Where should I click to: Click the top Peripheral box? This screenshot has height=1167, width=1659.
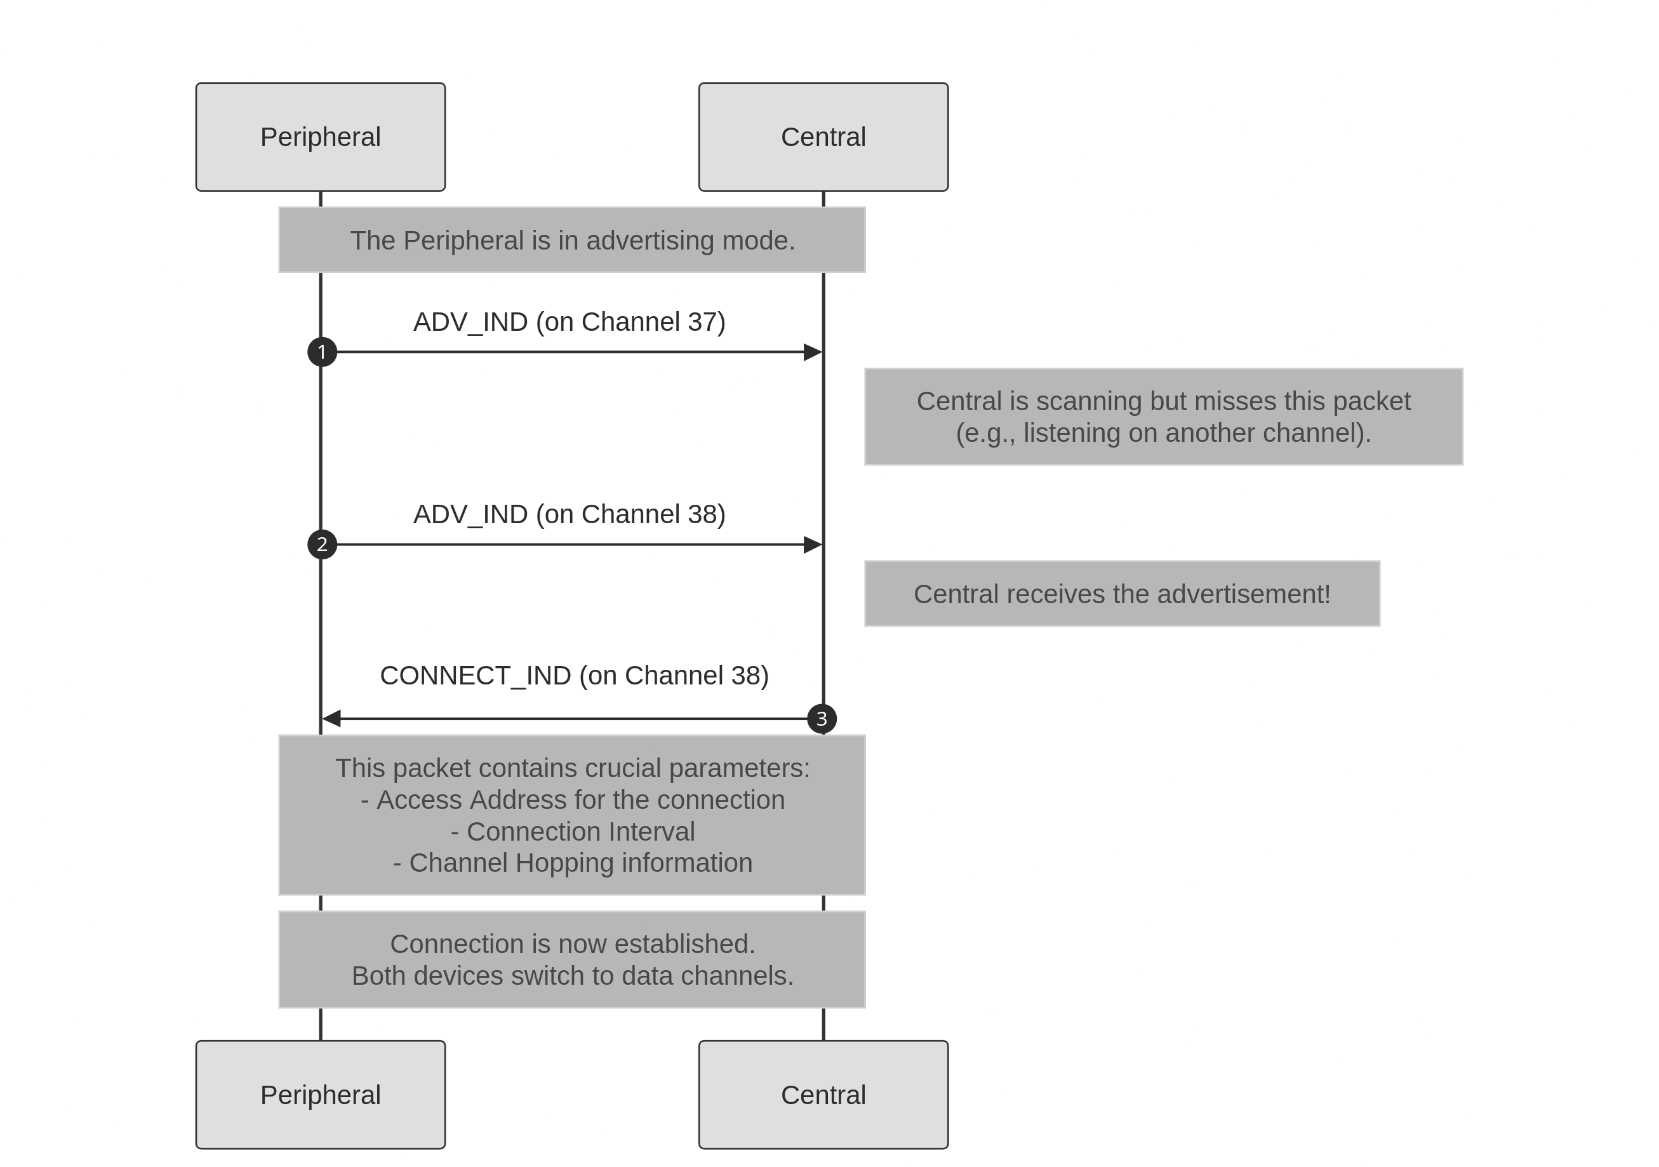tap(320, 137)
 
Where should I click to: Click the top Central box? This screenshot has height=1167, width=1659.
tap(823, 137)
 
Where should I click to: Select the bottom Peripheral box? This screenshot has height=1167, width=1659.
tap(320, 1094)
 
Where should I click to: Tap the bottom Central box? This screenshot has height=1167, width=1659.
tap(823, 1094)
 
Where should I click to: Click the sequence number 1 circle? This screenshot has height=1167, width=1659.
tap(323, 352)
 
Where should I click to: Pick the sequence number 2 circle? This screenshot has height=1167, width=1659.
tap(323, 544)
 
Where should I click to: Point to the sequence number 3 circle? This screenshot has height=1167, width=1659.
tap(822, 719)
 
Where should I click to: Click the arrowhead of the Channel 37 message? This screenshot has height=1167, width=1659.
tap(813, 352)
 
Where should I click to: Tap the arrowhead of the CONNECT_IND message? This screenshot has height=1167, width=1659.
tap(331, 719)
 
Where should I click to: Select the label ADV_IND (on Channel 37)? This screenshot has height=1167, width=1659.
tap(570, 321)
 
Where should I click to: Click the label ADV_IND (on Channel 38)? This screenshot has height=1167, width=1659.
tap(570, 514)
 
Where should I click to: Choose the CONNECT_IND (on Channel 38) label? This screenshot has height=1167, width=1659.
tap(575, 675)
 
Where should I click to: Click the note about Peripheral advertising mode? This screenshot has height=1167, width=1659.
tap(572, 240)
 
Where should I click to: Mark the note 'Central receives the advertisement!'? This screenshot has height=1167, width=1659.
tap(1122, 593)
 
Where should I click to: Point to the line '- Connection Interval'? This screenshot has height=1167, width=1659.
tap(572, 831)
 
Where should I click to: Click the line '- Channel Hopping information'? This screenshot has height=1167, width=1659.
tap(572, 862)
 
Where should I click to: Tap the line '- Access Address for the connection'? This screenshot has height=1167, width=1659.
tap(572, 799)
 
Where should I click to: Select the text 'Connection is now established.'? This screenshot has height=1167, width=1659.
tap(572, 943)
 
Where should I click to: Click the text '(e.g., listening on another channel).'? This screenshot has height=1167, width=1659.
tap(1163, 432)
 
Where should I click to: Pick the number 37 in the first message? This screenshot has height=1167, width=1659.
tap(702, 321)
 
